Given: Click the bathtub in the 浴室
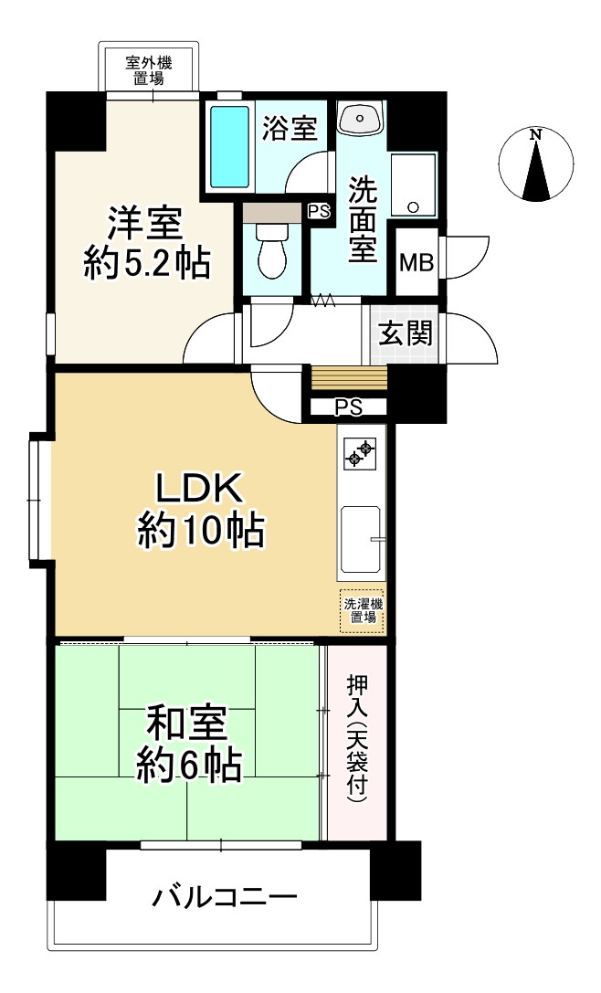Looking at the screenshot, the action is click(229, 147).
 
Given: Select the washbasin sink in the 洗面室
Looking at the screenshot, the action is click(360, 119).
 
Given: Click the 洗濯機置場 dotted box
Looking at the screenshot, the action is click(363, 610).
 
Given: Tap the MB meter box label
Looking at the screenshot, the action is click(416, 262).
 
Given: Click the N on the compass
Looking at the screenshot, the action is click(536, 134).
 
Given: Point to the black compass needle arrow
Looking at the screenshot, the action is click(536, 168).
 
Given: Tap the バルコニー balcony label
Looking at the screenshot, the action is click(224, 897).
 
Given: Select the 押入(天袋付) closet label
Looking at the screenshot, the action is click(357, 739).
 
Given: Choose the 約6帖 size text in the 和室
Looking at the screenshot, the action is click(189, 767).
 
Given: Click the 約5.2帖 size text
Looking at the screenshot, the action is click(148, 262).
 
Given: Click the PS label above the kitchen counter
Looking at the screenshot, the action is click(348, 407).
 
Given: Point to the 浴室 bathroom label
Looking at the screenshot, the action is click(290, 129).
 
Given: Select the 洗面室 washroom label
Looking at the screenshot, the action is click(363, 218).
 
